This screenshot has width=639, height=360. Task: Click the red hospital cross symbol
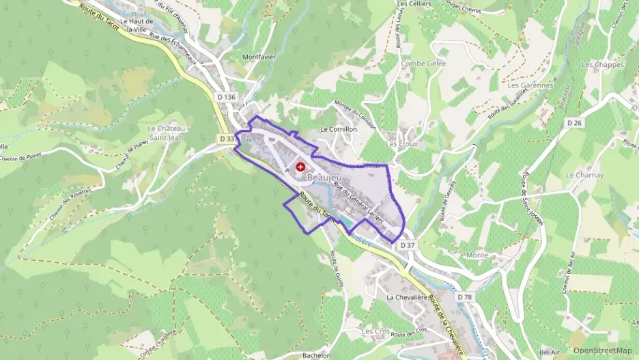(x=300, y=167)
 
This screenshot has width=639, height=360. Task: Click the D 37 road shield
(x=408, y=245)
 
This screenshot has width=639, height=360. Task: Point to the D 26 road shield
(x=575, y=122)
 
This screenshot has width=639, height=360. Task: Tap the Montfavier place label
(x=259, y=57)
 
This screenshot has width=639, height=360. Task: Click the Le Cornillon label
(x=338, y=128)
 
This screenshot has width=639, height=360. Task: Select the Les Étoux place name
(x=401, y=144)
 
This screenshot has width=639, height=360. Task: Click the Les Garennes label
(x=530, y=85)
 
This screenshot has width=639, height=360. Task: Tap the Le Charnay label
(x=584, y=175)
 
